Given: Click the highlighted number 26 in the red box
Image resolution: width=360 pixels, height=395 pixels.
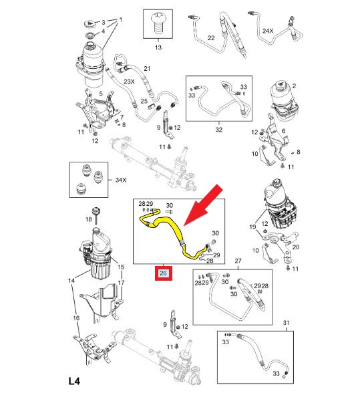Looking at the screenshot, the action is pyautogui.click(x=163, y=273).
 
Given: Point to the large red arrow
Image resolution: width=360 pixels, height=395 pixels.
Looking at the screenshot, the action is pyautogui.click(x=204, y=205).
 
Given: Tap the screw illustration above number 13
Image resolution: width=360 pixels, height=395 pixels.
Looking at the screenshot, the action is pyautogui.click(x=158, y=23).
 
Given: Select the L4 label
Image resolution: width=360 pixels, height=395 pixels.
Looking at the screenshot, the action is pyautogui.click(x=74, y=381).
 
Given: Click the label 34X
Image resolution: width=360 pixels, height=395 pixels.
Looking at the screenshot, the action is pyautogui.click(x=121, y=180).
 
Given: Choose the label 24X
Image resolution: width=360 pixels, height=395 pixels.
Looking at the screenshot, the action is pyautogui.click(x=268, y=31).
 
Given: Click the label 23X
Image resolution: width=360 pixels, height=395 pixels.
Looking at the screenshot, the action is pyautogui.click(x=129, y=82).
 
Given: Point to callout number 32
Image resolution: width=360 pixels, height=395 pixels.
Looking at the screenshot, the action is pyautogui.click(x=219, y=130).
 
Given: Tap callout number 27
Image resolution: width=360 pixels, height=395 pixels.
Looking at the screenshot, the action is pyautogui.click(x=238, y=261).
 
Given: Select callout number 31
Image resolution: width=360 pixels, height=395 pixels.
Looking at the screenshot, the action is pyautogui.click(x=287, y=323).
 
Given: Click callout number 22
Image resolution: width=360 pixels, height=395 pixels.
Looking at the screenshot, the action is pyautogui.click(x=211, y=38).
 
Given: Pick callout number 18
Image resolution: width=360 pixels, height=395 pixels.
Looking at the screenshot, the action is pyautogui.click(x=89, y=219).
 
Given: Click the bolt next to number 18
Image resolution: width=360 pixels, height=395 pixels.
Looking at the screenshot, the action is pyautogui.click(x=96, y=216).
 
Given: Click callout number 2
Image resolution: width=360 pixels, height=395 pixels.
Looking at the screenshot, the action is pyautogui.click(x=294, y=86).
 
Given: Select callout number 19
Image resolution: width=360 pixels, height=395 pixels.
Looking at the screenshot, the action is pyautogui.click(x=252, y=227).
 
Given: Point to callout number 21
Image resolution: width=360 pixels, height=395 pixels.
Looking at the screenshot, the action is pyautogui.click(x=147, y=68).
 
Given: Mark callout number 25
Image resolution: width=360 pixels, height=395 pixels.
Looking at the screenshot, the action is pyautogui.click(x=144, y=101).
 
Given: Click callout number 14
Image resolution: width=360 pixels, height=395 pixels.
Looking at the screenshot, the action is pyautogui.click(x=71, y=280).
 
